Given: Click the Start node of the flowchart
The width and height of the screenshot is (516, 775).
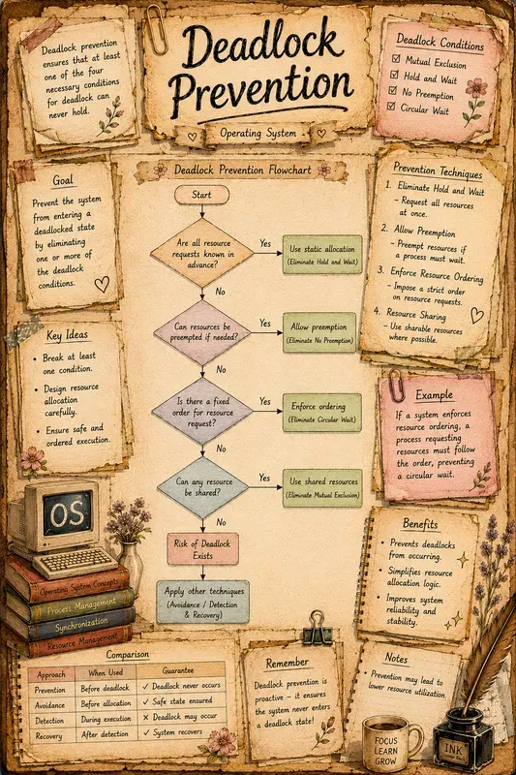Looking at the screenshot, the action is tap(201, 195).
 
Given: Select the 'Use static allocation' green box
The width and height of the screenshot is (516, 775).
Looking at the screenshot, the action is tap(322, 255).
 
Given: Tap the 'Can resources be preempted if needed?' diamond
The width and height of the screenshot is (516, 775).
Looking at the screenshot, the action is tap(202, 332).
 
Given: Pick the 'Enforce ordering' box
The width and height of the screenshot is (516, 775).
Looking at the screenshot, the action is tap(322, 413).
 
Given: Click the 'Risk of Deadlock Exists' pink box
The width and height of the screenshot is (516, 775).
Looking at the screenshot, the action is tap(202, 548).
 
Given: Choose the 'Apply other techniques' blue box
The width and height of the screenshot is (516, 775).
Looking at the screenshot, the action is tap(203, 603).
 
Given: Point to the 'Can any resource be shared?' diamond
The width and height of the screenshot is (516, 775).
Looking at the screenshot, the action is tap(202, 487).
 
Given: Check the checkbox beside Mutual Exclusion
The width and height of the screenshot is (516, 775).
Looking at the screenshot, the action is tap(396, 59).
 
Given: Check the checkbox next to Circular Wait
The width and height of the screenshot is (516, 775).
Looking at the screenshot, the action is tap(391, 106).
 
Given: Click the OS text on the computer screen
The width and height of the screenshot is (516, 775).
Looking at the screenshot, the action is tap(67, 514).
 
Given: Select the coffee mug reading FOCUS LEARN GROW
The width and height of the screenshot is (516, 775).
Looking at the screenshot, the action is tap(391, 744).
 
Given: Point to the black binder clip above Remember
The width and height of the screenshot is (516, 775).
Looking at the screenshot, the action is tap(317, 628).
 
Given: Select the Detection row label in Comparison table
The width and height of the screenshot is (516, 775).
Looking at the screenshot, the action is tap(49, 721).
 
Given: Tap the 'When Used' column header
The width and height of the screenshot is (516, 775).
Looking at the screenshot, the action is tap(106, 672).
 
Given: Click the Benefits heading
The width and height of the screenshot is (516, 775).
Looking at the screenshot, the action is tap(420, 523).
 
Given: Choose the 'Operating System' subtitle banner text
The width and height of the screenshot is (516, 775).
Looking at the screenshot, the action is tap(258, 133).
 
